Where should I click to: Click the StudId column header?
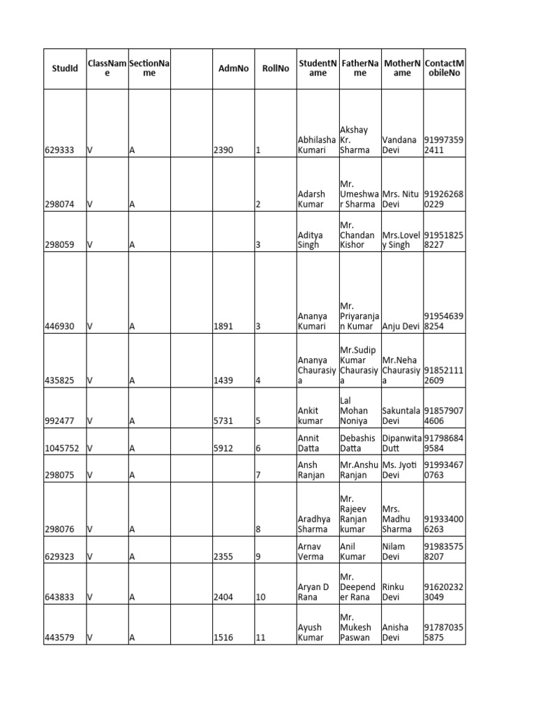coord(65,68)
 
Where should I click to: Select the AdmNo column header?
coord(233,68)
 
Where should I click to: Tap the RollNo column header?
coord(275,68)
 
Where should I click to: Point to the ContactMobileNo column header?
coord(444,68)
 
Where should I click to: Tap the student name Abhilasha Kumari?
coord(316,145)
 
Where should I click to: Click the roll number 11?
coord(261,637)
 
